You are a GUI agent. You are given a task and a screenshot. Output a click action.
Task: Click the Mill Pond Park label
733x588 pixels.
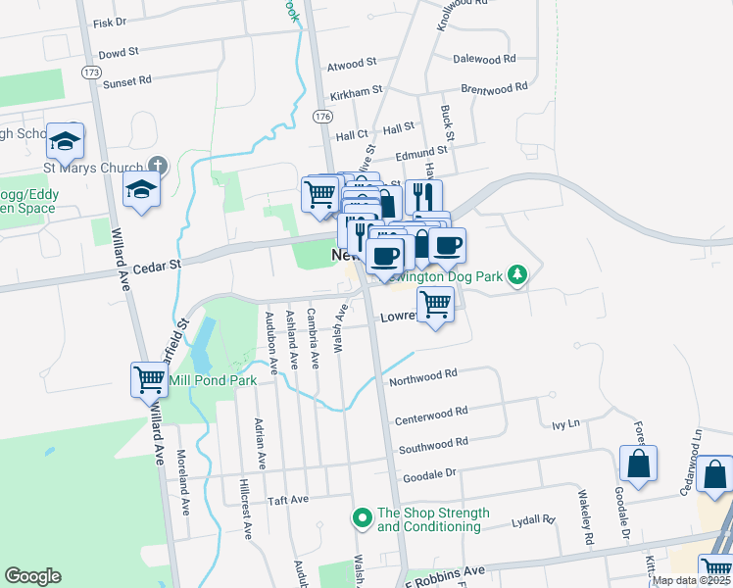[214, 380]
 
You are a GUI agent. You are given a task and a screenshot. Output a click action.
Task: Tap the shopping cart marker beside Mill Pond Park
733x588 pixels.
[149, 378]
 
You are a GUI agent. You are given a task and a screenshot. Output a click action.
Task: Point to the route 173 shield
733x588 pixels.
[92, 73]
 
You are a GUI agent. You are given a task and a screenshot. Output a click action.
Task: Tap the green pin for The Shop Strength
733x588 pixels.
[363, 515]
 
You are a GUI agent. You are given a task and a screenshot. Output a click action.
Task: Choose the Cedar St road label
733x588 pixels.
[163, 264]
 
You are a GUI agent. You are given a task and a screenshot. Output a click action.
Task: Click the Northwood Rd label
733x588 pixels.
[423, 374]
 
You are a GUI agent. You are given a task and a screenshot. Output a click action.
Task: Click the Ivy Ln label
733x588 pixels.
[566, 424]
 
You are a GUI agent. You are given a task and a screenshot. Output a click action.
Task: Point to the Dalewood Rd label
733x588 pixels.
[484, 59]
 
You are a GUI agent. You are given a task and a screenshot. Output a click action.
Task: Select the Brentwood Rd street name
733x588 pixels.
[494, 87]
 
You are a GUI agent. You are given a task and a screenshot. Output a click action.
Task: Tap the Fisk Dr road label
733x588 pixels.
[110, 21]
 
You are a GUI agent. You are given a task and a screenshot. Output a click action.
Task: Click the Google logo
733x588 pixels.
[32, 576]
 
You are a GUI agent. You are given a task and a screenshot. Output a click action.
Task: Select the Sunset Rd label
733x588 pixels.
[128, 80]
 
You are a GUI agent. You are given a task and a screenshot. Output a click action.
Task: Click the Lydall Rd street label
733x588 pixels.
[533, 522]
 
